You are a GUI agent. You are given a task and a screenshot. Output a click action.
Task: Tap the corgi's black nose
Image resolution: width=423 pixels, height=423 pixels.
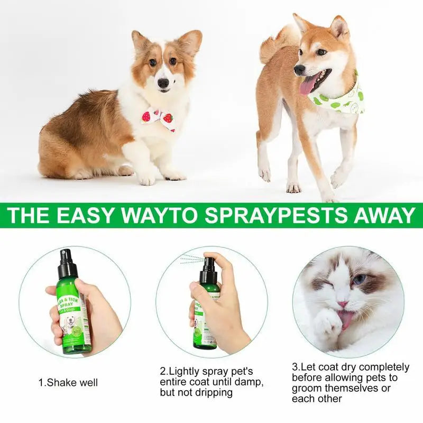coord(163,83)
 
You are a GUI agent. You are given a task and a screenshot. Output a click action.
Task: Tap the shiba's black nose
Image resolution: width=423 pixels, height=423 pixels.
coord(300,69)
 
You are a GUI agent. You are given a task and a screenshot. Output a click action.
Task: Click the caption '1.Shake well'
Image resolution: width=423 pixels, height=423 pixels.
coord(68,382)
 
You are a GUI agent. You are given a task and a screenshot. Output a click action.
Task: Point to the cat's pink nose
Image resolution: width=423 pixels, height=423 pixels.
coord(343,305)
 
